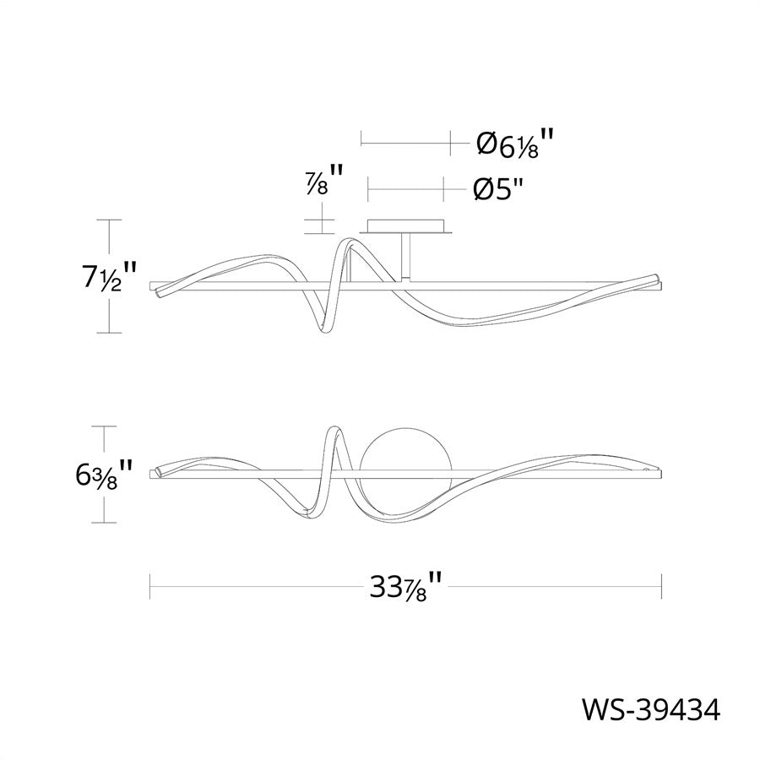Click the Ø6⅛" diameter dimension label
[x=514, y=143]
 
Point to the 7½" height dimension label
[x=108, y=277]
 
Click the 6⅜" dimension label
[x=103, y=475]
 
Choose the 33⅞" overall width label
[x=406, y=587]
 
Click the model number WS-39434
[x=651, y=710]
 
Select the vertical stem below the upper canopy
[x=405, y=257]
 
